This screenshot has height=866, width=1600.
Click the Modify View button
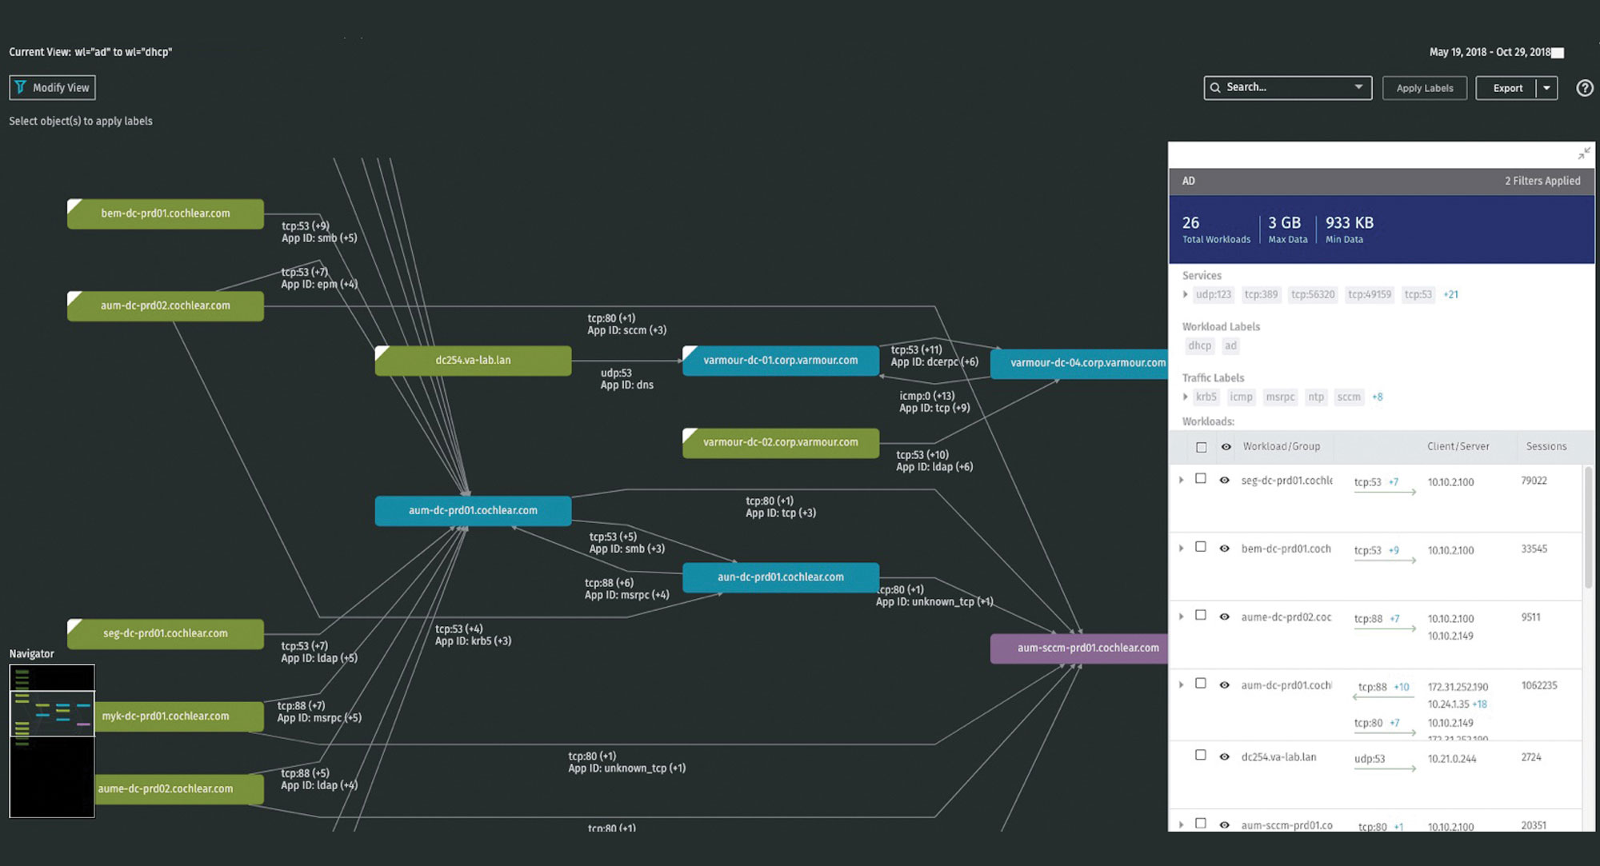coord(52,88)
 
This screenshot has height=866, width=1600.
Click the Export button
coord(1507,88)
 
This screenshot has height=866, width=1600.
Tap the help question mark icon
coord(1584,88)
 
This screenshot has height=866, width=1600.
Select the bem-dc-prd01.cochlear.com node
coord(166,214)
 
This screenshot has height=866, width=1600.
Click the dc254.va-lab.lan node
coord(473,361)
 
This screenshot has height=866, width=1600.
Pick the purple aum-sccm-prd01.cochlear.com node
coord(1087,649)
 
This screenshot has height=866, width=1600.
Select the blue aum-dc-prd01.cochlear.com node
coord(473,511)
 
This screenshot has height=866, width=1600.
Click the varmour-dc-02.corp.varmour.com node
coord(780,442)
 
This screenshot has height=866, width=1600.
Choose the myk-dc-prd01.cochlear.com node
coord(166,716)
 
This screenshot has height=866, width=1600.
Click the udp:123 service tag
coord(1213,295)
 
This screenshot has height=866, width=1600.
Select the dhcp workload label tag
coord(1199,346)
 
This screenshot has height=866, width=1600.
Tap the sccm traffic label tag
coord(1348,397)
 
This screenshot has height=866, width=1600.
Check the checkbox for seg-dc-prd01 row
coord(1201,479)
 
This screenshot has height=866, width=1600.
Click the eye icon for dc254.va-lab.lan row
coord(1224,756)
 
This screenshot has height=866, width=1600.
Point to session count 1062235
coord(1538,686)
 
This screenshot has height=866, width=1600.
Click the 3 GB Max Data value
coord(1284,223)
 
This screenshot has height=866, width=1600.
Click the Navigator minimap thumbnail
coord(52,740)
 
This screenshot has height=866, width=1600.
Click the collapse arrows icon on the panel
coord(1583,154)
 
